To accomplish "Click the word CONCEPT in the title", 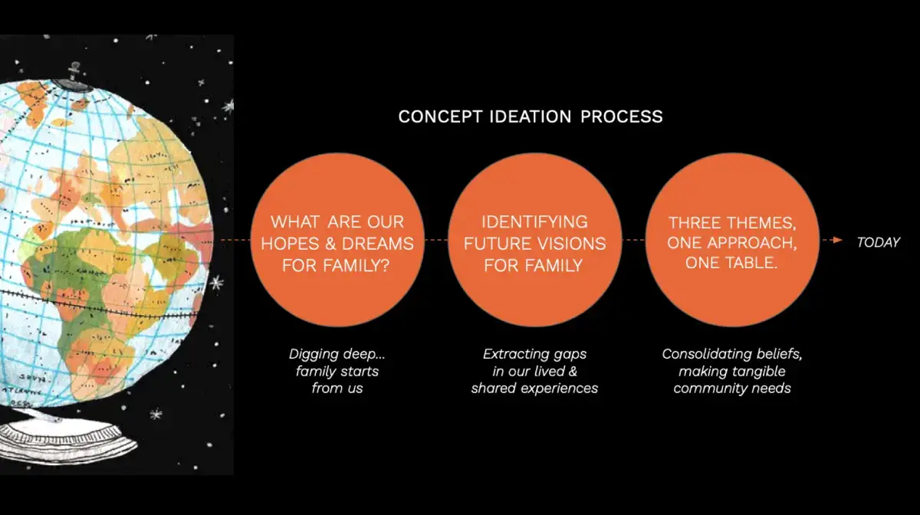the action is click(x=440, y=116).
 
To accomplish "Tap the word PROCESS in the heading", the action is click(x=622, y=116).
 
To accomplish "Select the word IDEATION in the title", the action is click(x=530, y=116).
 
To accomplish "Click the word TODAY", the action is click(x=878, y=242).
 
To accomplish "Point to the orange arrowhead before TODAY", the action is click(x=838, y=240).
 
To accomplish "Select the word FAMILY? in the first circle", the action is click(x=356, y=265).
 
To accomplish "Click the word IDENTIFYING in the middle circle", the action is click(x=535, y=221).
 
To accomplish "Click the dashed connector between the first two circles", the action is click(x=435, y=240).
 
